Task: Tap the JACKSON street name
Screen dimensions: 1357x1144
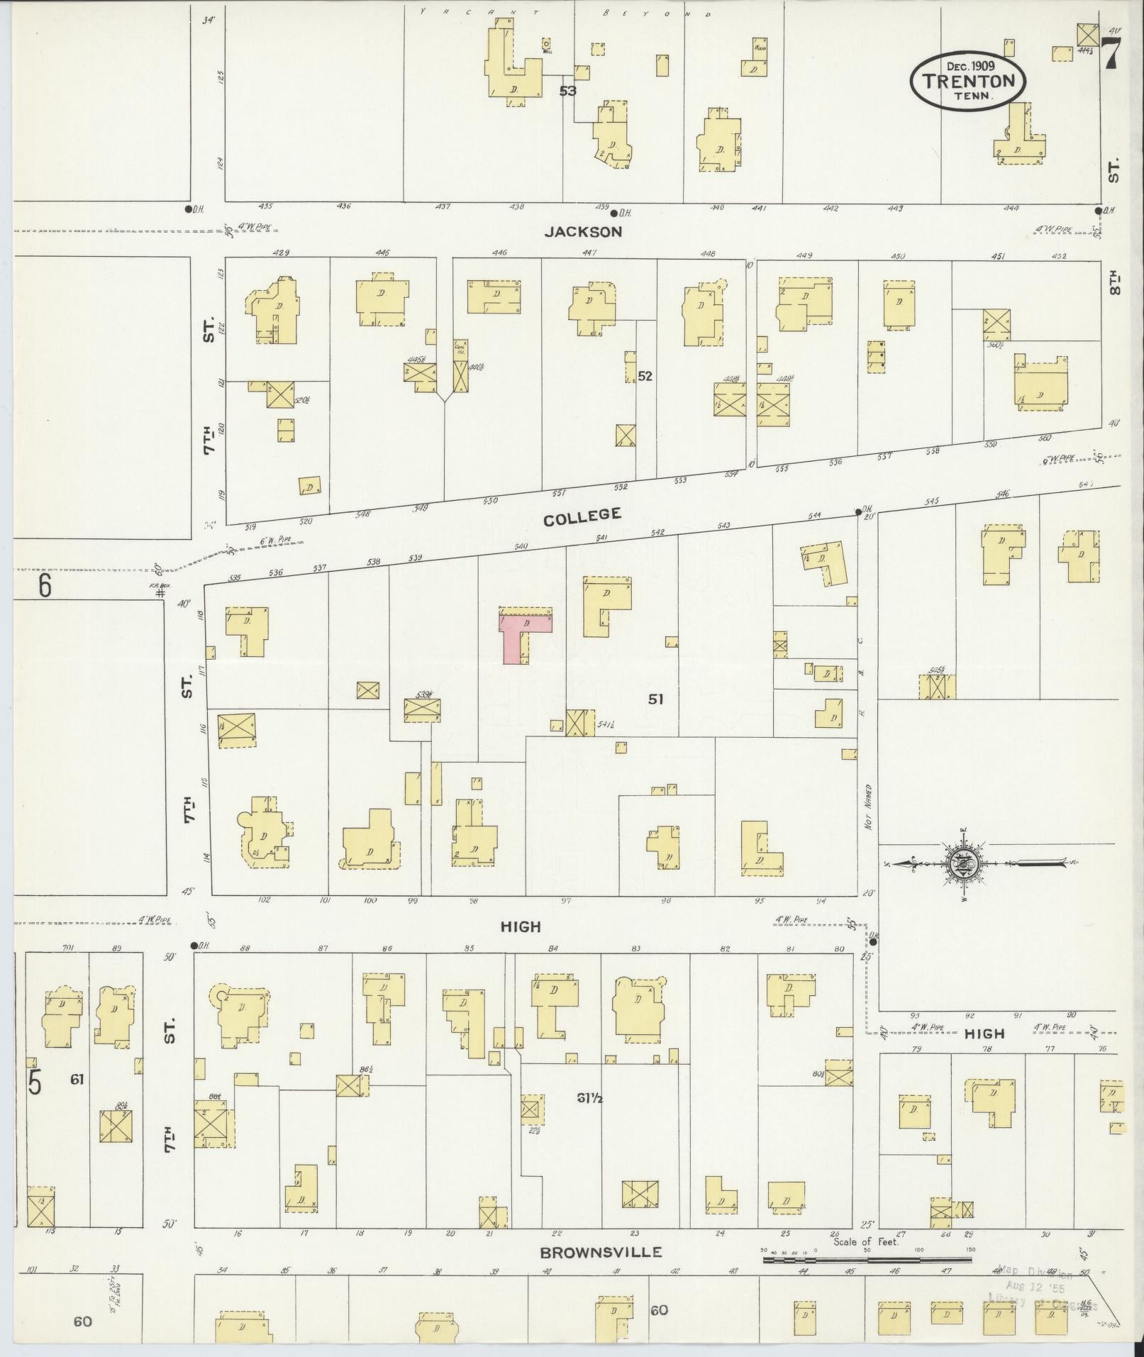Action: (583, 231)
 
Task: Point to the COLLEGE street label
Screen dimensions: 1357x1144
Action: (582, 516)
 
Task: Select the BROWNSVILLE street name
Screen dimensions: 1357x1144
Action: (601, 1252)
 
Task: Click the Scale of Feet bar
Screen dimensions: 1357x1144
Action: (867, 1261)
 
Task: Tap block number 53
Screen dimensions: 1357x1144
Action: (567, 91)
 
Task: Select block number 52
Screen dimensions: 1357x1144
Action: (644, 376)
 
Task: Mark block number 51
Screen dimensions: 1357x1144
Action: (655, 699)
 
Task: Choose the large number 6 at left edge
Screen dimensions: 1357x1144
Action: (45, 587)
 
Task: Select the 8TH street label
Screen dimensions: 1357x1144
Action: (1114, 279)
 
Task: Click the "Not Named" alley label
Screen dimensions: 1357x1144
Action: (868, 807)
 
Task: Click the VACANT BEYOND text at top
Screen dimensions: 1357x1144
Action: (565, 12)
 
